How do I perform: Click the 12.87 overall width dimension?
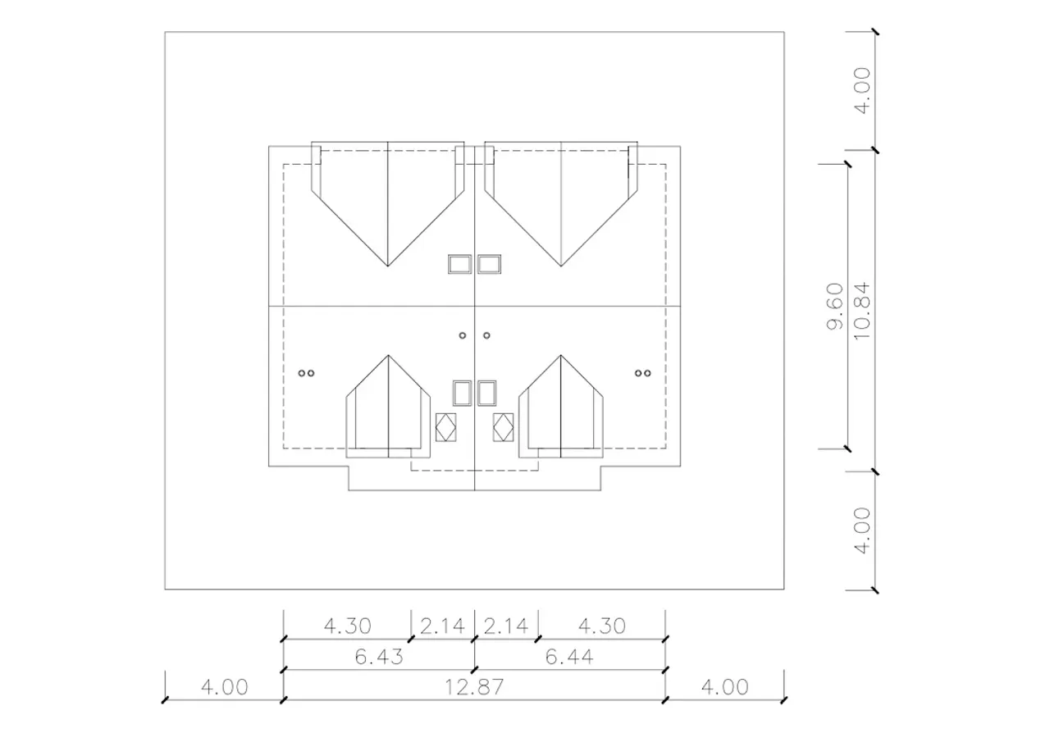(x=474, y=687)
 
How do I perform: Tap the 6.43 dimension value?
(x=379, y=657)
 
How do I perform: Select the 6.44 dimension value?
(x=569, y=657)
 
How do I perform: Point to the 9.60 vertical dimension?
(x=835, y=307)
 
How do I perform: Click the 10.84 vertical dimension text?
(x=862, y=311)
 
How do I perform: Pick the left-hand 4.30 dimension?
(x=347, y=626)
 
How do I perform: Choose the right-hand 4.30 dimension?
(x=602, y=626)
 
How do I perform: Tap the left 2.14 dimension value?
(x=442, y=626)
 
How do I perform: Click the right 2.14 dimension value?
(x=506, y=626)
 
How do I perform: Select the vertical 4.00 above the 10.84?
(x=862, y=90)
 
